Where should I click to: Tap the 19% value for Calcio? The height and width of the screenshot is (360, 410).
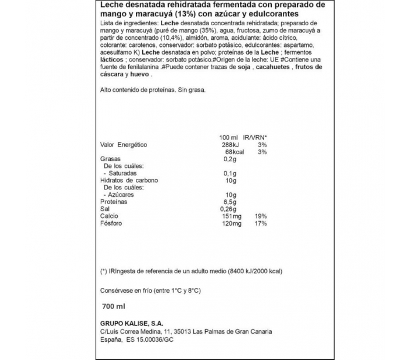pos(261,216)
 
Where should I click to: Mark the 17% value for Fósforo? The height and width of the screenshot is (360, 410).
pos(261,223)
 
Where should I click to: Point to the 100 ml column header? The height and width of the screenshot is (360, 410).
pos(226,137)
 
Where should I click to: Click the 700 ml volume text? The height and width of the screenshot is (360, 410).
pos(114,307)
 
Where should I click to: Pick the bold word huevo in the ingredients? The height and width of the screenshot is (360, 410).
pos(139,75)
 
